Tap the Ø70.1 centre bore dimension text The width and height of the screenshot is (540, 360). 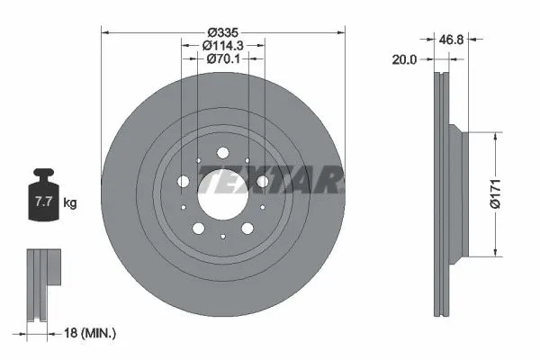coord(221,59)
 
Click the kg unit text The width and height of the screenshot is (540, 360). coord(70,203)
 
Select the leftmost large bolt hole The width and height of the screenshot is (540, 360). coord(184,182)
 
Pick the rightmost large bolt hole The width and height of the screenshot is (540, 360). coord(262,182)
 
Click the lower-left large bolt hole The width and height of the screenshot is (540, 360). coord(198,229)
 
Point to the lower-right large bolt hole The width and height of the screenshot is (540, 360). coord(247,229)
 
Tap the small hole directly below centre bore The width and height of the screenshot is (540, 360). coord(222,237)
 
